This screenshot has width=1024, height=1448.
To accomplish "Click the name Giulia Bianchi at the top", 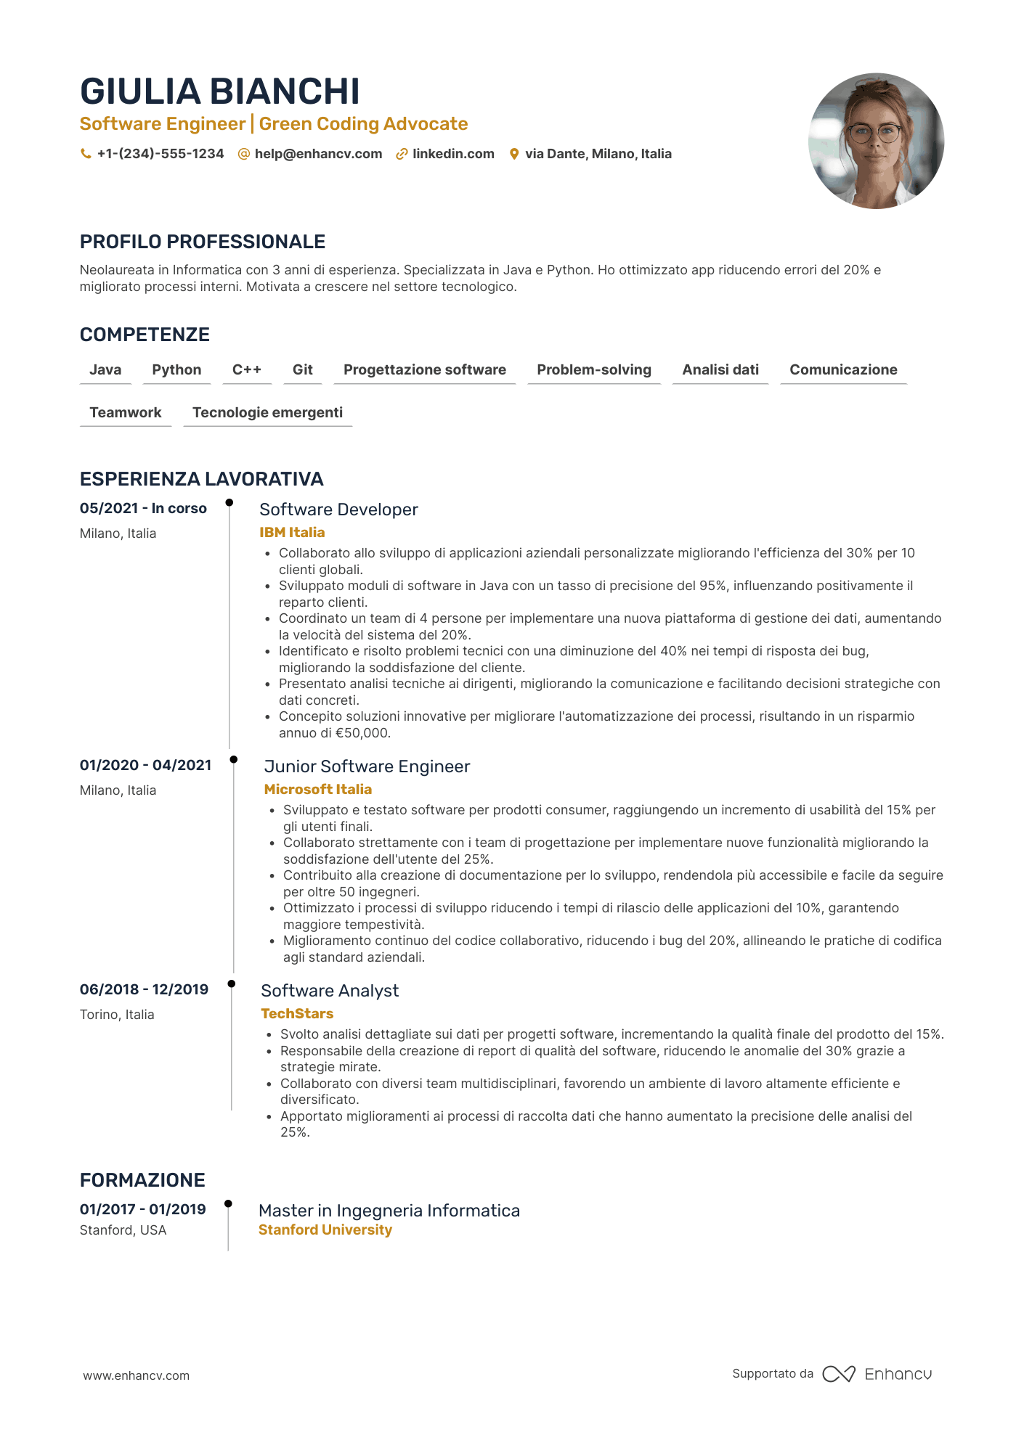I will point(219,91).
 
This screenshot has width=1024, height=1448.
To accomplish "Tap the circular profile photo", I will point(876,141).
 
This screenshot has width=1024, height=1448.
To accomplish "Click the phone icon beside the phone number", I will point(86,154).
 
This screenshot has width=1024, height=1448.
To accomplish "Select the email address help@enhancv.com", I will point(318,154).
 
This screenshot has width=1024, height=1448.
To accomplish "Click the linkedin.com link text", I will point(453,154).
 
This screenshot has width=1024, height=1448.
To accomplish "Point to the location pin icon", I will point(514,154).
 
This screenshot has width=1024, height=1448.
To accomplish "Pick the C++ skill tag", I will point(246,370).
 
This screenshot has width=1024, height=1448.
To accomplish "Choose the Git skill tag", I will point(302,370).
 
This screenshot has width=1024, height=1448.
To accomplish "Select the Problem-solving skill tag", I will point(593,370).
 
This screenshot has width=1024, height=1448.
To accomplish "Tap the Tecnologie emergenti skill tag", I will point(267,413).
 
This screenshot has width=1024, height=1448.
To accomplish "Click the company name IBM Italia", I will point(292,533).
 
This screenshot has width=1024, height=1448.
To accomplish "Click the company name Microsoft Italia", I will point(317,790).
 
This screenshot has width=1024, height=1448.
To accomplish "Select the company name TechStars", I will point(297,1014).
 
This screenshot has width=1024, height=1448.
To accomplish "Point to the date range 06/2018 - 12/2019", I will point(144,990).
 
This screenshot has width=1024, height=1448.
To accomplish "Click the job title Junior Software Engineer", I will point(367,767).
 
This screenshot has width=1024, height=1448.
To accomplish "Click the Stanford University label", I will point(325,1230).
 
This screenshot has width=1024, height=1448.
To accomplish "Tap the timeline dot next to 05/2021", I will point(229,502).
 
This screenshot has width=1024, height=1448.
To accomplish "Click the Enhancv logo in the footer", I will point(877,1374).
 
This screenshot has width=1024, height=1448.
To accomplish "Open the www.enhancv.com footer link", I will point(136,1376).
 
